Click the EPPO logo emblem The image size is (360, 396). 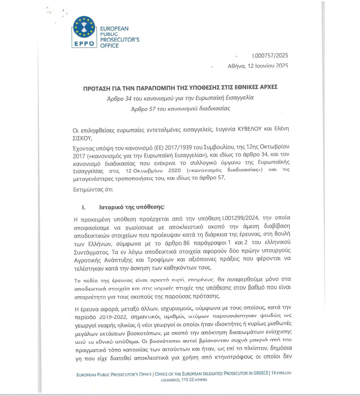coord(84,29)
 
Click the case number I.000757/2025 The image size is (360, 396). coord(270,56)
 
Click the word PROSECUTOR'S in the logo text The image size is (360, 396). coord(119,40)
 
